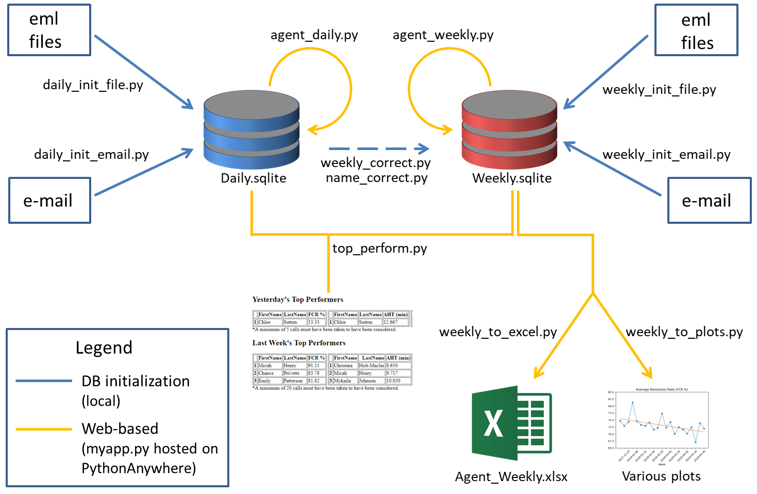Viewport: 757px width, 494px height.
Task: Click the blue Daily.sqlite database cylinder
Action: pyautogui.click(x=251, y=130)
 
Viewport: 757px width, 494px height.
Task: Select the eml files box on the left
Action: pyautogui.click(x=49, y=30)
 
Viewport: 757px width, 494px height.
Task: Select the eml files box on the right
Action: pyautogui.click(x=696, y=30)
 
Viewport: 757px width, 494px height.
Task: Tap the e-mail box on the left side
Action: pyautogui.click(x=49, y=201)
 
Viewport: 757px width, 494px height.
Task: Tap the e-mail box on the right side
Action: pyautogui.click(x=709, y=201)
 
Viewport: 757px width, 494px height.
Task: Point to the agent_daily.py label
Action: pyautogui.click(x=314, y=35)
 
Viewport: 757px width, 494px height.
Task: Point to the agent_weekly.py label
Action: pyautogui.click(x=443, y=35)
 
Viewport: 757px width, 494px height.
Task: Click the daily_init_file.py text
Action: pyautogui.click(x=93, y=85)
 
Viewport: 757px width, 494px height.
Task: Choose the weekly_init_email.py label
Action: pyautogui.click(x=666, y=155)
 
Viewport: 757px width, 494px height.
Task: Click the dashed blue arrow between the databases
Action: pyautogui.click(x=379, y=149)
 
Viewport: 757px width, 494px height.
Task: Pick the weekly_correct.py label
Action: pyautogui.click(x=375, y=163)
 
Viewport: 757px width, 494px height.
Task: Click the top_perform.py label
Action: pyautogui.click(x=379, y=249)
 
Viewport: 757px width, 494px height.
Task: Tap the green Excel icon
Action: pyautogui.click(x=512, y=423)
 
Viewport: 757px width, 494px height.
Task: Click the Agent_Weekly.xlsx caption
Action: pyautogui.click(x=511, y=476)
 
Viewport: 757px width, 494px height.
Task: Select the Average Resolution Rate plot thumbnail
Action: pyautogui.click(x=658, y=425)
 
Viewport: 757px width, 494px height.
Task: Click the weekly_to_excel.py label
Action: pyautogui.click(x=498, y=332)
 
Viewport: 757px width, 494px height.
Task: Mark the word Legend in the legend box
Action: pyautogui.click(x=104, y=348)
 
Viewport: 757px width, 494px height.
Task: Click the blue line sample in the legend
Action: pyautogui.click(x=43, y=381)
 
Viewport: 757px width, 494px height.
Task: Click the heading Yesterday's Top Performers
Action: pyautogui.click(x=297, y=300)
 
